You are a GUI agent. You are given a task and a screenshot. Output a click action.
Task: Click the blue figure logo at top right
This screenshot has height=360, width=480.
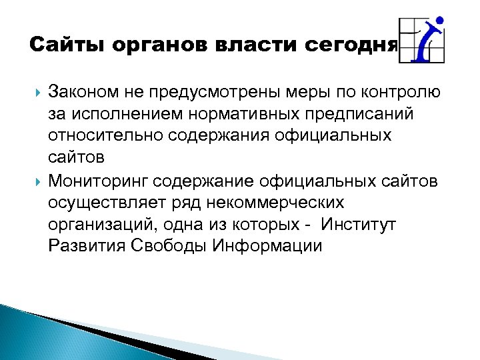[423, 40]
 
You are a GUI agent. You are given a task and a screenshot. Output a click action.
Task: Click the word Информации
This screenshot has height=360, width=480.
[267, 246]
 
